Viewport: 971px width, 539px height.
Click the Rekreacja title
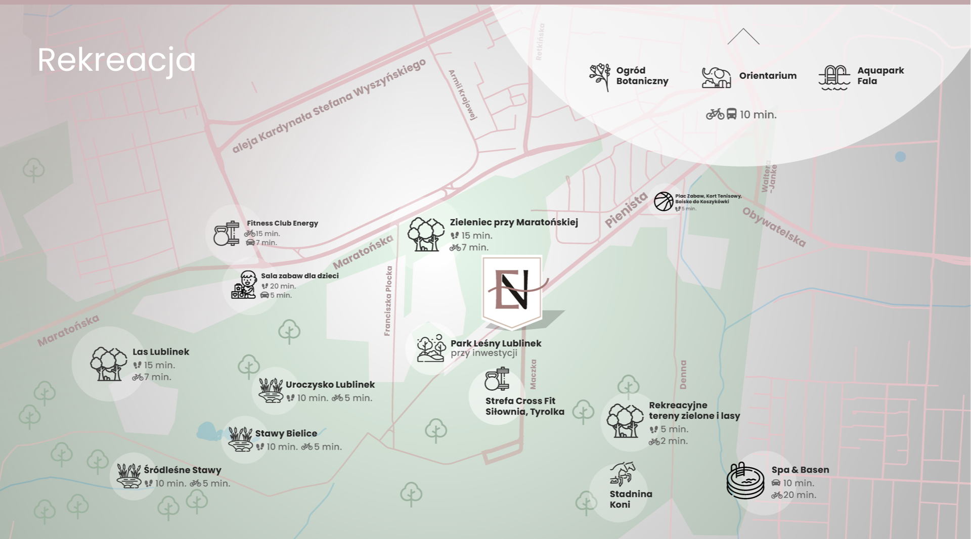pos(116,60)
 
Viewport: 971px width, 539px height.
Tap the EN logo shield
pos(512,290)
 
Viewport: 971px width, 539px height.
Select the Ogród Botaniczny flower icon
pos(600,76)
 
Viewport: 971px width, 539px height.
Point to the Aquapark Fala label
pos(880,76)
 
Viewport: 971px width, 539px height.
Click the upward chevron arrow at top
pos(743,36)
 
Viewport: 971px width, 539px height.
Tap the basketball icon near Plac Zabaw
pos(664,201)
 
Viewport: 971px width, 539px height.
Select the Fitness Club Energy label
pos(282,223)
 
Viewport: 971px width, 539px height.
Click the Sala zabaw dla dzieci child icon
pos(244,285)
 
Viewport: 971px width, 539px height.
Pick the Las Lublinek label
pos(161,352)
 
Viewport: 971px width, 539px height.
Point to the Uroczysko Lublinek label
pos(330,385)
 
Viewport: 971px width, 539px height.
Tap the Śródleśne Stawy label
pos(183,470)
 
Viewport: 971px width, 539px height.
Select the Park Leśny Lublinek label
pos(496,343)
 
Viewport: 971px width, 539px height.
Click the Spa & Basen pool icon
pos(745,481)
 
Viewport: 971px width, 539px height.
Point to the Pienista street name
pos(626,210)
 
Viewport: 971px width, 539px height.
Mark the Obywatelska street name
pos(774,227)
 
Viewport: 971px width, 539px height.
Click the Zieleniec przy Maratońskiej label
pos(514,222)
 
